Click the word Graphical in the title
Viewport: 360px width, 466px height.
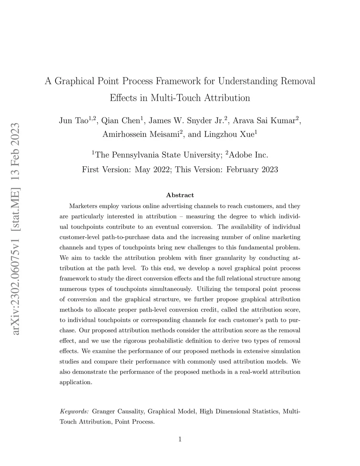click(x=74, y=82)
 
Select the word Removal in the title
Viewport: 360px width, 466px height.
click(x=297, y=81)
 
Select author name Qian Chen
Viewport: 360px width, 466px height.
click(x=120, y=121)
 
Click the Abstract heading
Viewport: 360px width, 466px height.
click(x=180, y=195)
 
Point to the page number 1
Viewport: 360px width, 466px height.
click(x=180, y=439)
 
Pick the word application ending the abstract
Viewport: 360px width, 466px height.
click(x=75, y=382)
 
